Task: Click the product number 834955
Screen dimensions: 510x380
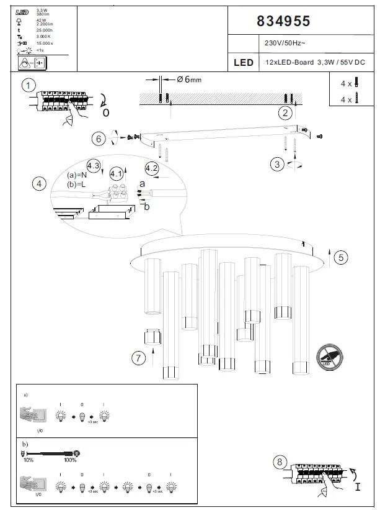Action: (x=283, y=21)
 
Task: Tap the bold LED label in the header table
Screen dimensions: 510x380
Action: (x=244, y=63)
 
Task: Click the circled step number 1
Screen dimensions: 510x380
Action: (x=28, y=85)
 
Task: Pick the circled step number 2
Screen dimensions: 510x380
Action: (x=285, y=112)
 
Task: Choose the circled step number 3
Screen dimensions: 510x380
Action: (x=278, y=164)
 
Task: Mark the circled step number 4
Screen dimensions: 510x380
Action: (x=40, y=184)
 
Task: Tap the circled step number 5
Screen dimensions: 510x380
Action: (x=340, y=257)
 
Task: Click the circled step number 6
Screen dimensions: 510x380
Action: (x=99, y=139)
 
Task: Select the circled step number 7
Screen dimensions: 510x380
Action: (x=139, y=357)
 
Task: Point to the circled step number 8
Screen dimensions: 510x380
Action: (x=280, y=462)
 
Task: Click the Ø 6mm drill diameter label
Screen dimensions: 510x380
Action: (x=189, y=80)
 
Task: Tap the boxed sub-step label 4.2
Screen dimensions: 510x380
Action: (x=152, y=168)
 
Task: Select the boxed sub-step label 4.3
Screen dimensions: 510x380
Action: (x=94, y=166)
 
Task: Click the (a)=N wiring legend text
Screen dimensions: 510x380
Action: (x=77, y=175)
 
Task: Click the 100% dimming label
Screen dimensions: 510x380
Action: (x=69, y=460)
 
